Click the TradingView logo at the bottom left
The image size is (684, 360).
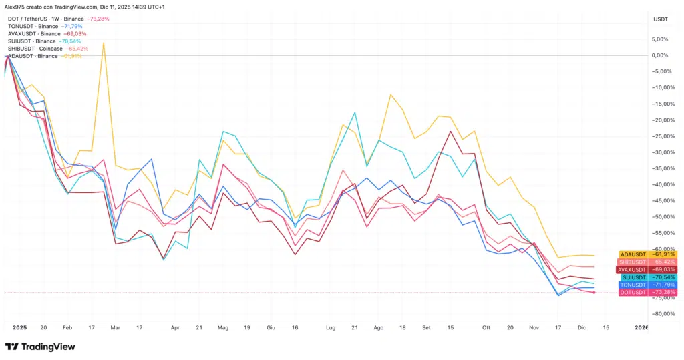[39, 347]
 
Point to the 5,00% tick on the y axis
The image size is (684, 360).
[662, 39]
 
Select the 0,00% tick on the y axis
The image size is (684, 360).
[662, 55]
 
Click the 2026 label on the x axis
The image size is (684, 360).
[641, 328]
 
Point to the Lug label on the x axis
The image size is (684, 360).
[330, 328]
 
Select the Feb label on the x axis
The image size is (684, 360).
[67, 328]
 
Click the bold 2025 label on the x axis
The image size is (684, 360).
[19, 328]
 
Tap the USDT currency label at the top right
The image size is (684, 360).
[661, 19]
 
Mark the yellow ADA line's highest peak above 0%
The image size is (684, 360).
[104, 43]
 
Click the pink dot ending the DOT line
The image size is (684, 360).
[594, 293]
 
